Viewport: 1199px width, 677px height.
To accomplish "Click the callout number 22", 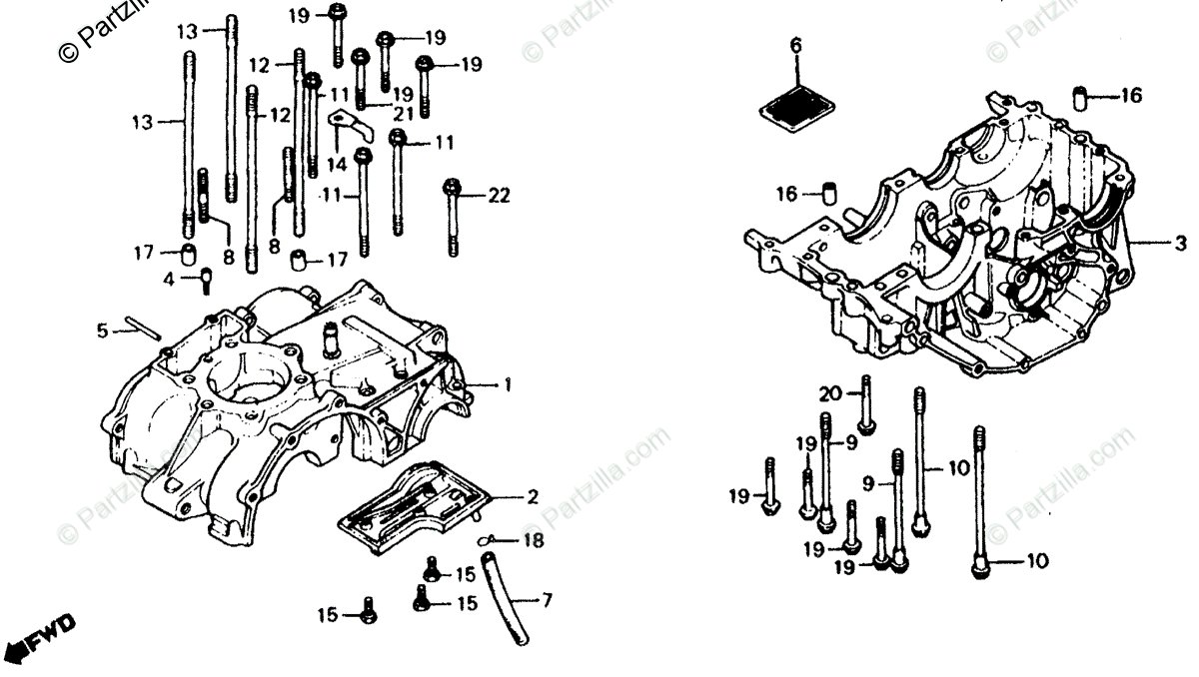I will tap(499, 197).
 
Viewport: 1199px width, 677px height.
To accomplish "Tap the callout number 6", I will tap(795, 45).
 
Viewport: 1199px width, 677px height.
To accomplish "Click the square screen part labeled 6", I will tap(797, 107).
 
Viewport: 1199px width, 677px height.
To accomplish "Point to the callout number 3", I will tap(1180, 244).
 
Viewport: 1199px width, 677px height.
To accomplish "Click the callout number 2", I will tap(533, 497).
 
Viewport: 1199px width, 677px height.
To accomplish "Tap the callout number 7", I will tap(547, 601).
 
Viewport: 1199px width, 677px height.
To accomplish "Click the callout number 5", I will tap(101, 330).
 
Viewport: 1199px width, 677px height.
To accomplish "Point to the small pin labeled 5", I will tap(142, 329).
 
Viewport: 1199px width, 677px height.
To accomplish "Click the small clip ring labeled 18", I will tap(489, 540).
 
